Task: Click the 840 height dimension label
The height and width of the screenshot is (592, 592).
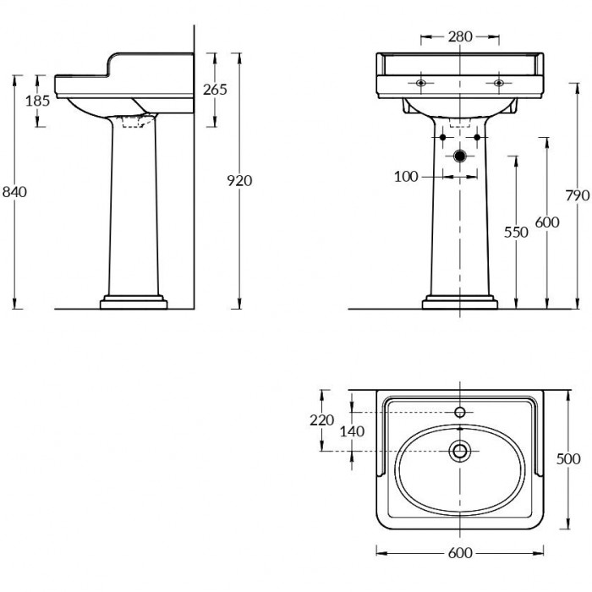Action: (14, 192)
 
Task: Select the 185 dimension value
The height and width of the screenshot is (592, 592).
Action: (38, 101)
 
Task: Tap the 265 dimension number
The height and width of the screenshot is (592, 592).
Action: (215, 90)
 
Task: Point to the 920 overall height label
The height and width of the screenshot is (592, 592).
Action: (239, 181)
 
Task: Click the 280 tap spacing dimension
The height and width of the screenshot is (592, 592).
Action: (460, 36)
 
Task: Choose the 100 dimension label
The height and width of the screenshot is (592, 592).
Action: (406, 176)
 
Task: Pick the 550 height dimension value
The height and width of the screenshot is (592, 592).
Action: (516, 233)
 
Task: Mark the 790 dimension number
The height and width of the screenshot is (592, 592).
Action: (578, 195)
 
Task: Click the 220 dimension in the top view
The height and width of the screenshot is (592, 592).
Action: (322, 419)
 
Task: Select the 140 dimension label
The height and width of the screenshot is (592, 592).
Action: (353, 431)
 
